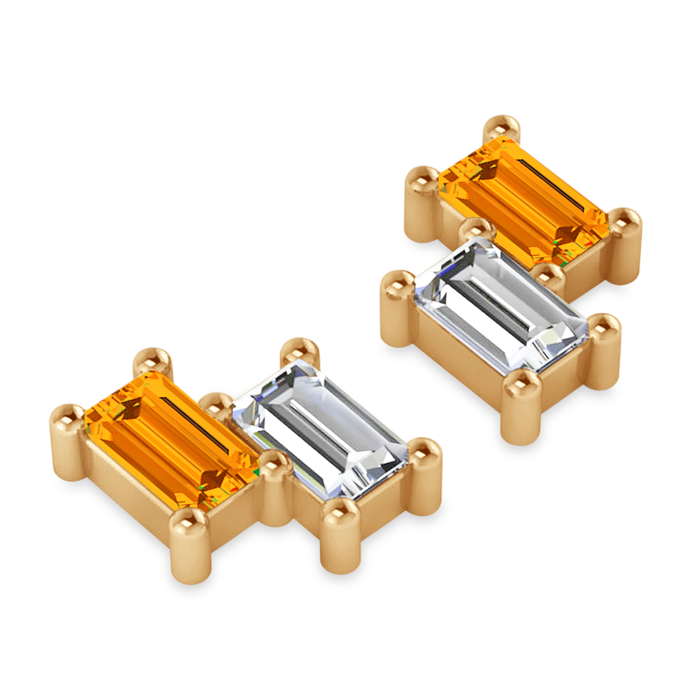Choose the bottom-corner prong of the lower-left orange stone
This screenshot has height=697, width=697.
point(188,523)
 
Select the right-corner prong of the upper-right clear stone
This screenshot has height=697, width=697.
point(604,328)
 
